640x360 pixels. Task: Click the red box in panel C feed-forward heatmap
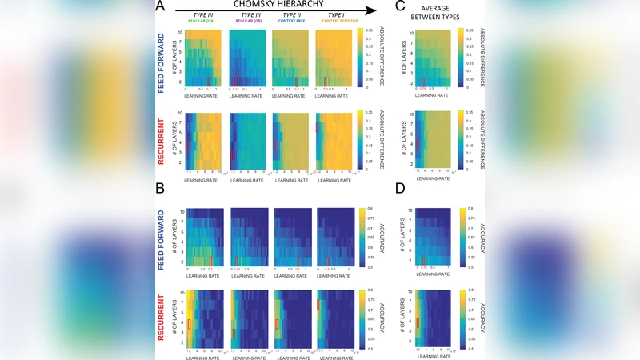(423, 80)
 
